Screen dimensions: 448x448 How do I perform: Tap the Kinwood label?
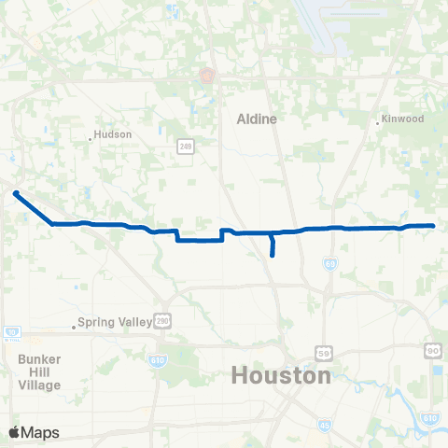click(402, 119)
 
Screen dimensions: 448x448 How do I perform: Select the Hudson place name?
click(114, 134)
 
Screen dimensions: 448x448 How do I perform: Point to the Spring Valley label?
click(115, 323)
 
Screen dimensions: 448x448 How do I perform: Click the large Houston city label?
click(280, 376)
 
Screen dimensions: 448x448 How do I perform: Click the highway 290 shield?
click(162, 319)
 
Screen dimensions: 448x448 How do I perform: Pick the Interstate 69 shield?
click(330, 265)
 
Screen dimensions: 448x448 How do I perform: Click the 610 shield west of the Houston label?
click(153, 358)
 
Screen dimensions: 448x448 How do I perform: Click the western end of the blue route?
click(16, 193)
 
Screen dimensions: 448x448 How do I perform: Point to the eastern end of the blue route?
click(434, 226)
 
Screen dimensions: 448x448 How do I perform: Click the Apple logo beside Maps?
click(14, 432)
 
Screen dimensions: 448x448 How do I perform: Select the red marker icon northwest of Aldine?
click(206, 75)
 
